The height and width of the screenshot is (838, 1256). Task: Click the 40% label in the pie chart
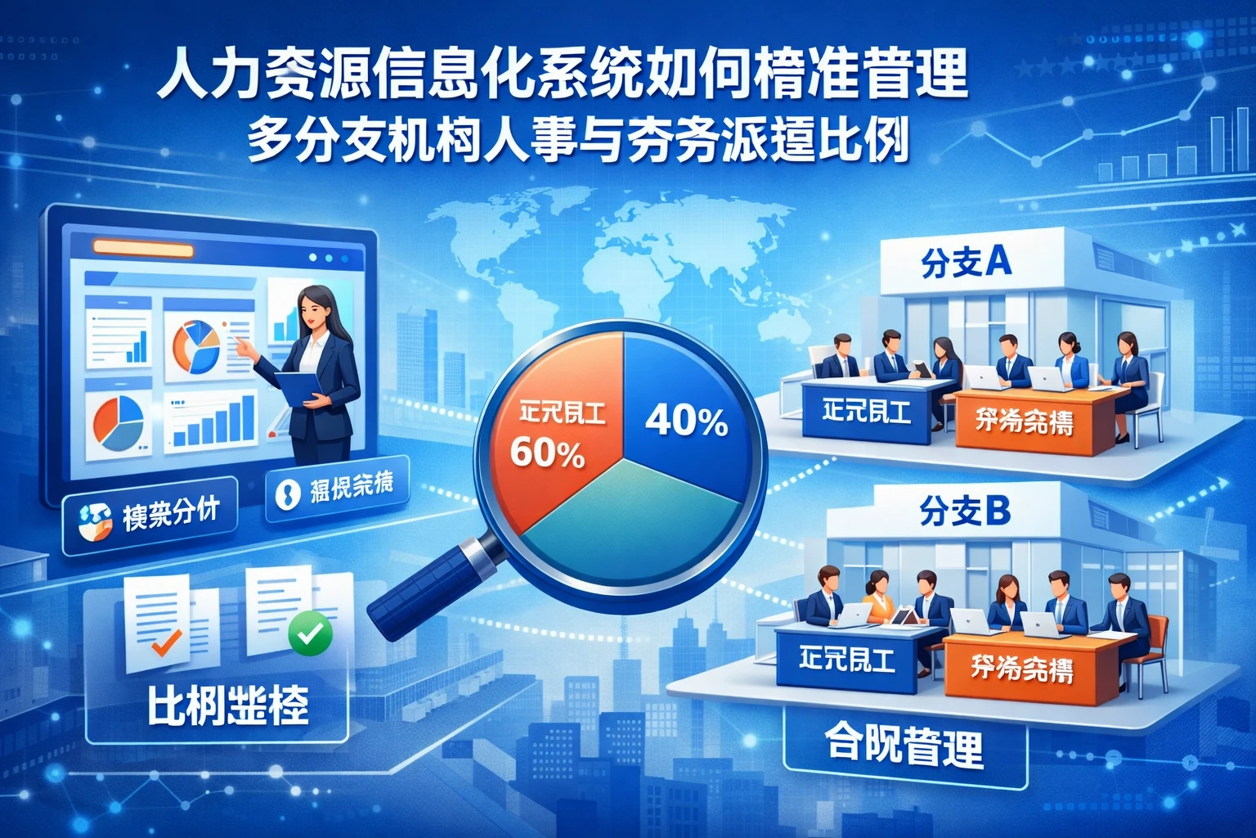pyautogui.click(x=686, y=421)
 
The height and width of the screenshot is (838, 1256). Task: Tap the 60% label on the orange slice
pyautogui.click(x=547, y=453)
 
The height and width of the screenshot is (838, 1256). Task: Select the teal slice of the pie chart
pyautogui.click(x=630, y=516)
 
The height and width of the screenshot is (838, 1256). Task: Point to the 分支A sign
pyautogui.click(x=966, y=263)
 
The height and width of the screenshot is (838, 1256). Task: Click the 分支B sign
pyautogui.click(x=965, y=512)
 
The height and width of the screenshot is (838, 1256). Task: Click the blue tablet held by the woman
pyautogui.click(x=298, y=385)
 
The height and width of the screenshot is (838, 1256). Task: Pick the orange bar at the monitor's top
pyautogui.click(x=143, y=249)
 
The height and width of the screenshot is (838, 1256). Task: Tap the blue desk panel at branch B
pyautogui.click(x=847, y=660)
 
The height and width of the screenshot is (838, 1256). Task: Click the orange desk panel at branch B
pyautogui.click(x=1022, y=669)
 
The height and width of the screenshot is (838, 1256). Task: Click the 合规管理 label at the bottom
pyautogui.click(x=904, y=745)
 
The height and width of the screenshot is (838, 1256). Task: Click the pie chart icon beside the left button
pyautogui.click(x=95, y=521)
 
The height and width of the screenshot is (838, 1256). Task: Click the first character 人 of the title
pyautogui.click(x=182, y=75)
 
